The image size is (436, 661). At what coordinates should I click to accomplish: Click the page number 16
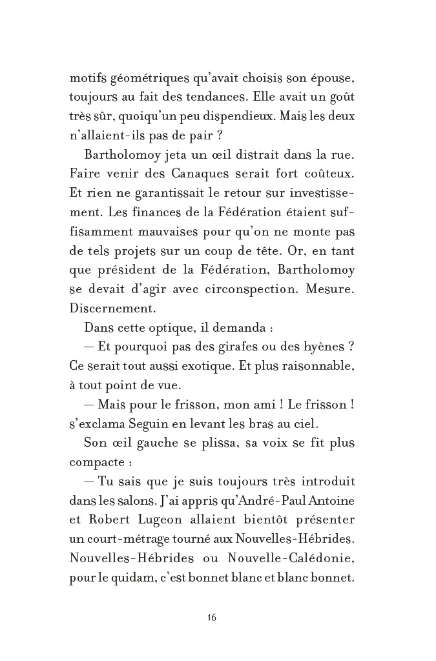(x=212, y=617)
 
